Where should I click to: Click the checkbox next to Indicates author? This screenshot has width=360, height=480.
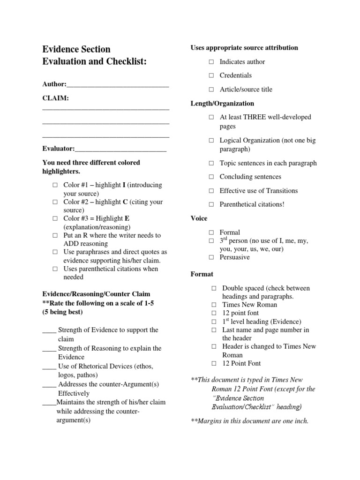tap(211, 62)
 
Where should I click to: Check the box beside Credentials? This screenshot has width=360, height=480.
tap(211, 75)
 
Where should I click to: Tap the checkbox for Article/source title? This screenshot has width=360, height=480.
tap(211, 90)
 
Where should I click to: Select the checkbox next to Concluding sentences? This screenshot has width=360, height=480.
tap(211, 177)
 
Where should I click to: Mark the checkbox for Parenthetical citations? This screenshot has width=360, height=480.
tap(211, 204)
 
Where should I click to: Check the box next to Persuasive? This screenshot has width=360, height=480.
tap(211, 257)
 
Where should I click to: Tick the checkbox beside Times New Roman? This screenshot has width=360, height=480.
tap(213, 305)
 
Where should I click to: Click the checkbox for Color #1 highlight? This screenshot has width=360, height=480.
tap(55, 185)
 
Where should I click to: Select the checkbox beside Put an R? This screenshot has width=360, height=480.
tap(55, 235)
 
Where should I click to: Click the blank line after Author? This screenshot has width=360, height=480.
tap(118, 85)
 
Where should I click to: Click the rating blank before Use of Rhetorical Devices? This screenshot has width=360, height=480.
tap(49, 367)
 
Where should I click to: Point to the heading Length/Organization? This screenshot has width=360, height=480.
tap(222, 103)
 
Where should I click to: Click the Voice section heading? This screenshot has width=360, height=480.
tap(199, 218)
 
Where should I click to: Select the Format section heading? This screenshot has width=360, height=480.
tap(202, 274)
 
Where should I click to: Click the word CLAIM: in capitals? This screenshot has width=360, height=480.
tap(55, 98)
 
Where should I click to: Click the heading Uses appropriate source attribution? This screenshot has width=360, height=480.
tap(244, 48)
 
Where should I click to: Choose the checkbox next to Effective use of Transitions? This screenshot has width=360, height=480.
tap(211, 191)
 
